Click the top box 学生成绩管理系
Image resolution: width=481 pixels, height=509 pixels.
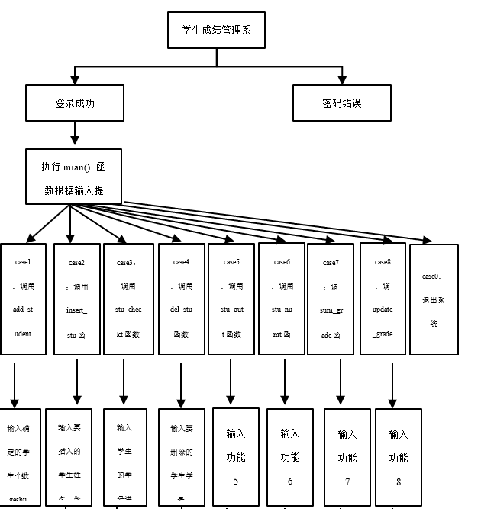[217, 31]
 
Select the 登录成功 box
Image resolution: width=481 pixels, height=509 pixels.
[75, 102]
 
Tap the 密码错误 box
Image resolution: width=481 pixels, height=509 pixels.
[341, 102]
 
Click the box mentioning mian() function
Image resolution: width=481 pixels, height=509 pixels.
[74, 177]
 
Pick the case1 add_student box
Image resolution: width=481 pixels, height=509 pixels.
[23, 299]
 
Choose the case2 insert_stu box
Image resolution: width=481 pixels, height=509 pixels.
[77, 299]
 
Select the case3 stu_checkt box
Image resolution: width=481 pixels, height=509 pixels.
[124, 299]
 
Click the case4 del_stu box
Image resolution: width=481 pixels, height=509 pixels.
[181, 299]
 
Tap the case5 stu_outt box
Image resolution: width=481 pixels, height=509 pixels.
[231, 299]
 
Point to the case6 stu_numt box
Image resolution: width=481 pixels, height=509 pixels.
[282, 299]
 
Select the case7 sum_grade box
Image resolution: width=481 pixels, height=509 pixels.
[331, 299]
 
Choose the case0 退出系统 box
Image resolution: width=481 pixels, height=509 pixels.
[434, 299]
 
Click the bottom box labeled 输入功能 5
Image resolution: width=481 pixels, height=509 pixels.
[236, 457]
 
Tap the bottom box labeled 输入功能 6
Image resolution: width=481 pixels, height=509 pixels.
[289, 457]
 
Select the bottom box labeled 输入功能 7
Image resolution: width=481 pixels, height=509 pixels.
[347, 457]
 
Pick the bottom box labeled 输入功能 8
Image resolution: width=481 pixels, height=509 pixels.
[399, 457]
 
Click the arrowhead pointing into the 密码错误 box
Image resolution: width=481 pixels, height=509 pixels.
[341, 79]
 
